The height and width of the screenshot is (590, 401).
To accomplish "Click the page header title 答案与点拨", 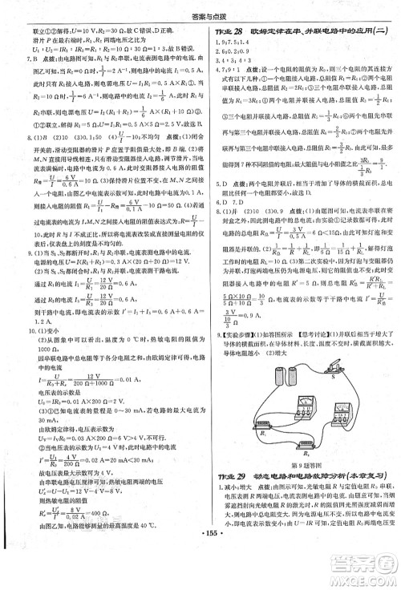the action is tap(200, 10).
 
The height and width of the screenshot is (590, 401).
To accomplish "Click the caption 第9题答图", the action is tap(304, 467).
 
